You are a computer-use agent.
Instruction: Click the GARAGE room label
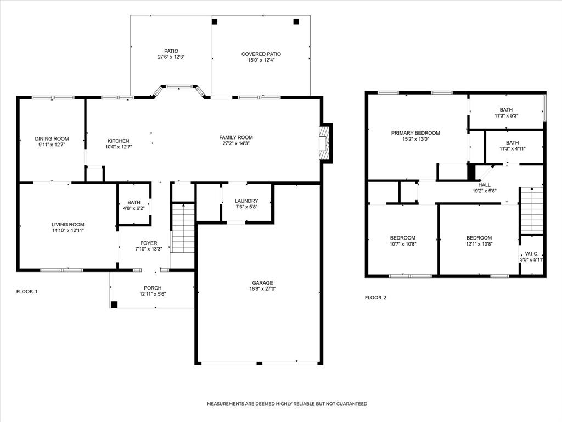pos(262,283)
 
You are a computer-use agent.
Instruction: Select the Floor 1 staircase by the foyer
pos(183,228)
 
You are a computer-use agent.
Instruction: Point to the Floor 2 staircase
pos(531,210)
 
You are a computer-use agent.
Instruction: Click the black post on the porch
pos(114,304)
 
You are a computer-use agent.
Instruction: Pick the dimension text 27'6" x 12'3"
pos(171,57)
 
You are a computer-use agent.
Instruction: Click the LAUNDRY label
pos(246,201)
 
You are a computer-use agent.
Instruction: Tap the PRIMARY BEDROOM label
pos(415,133)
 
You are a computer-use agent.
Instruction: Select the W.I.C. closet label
pos(531,253)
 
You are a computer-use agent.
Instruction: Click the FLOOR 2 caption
pos(375,297)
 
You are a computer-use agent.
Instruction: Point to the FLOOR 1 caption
pos(27,291)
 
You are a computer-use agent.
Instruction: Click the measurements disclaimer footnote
pos(286,404)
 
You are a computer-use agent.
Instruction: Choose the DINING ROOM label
pos(52,138)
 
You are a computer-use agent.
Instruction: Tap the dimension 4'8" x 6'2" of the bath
pos(134,208)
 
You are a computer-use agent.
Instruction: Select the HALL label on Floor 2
pos(484,185)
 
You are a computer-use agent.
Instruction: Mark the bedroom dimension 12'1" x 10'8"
pos(479,244)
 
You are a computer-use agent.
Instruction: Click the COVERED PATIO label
pos(261,54)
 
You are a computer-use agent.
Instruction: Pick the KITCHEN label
pos(119,141)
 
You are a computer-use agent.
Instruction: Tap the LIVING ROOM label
pos(68,225)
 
